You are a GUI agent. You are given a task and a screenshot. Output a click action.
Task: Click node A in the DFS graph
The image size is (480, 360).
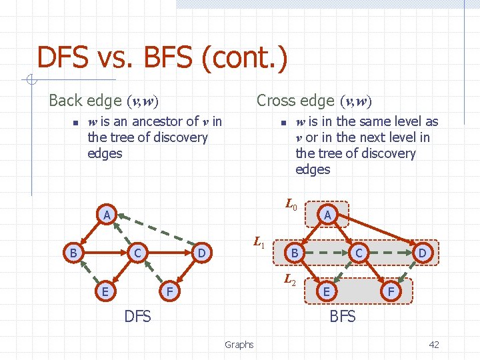pyautogui.click(x=107, y=215)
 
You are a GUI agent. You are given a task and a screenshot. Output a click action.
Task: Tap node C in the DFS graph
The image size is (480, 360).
pyautogui.click(x=137, y=253)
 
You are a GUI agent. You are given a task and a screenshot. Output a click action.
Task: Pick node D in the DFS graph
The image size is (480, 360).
pyautogui.click(x=201, y=253)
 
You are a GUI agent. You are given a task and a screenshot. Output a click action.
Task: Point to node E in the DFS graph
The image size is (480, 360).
pyautogui.click(x=105, y=291)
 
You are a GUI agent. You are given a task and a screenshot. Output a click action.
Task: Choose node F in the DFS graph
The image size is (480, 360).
pyautogui.click(x=169, y=291)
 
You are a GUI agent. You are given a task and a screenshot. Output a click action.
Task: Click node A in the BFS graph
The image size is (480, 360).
pyautogui.click(x=327, y=215)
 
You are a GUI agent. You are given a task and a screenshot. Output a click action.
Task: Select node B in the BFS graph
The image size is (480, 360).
pyautogui.click(x=294, y=253)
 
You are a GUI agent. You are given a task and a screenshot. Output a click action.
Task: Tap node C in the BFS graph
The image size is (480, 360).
pyautogui.click(x=359, y=253)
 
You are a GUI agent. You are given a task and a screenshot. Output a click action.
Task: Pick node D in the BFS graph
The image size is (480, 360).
pyautogui.click(x=422, y=253)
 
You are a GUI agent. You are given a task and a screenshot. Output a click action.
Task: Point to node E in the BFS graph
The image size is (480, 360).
pyautogui.click(x=326, y=291)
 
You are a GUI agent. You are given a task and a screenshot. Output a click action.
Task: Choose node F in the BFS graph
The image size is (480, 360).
pyautogui.click(x=391, y=291)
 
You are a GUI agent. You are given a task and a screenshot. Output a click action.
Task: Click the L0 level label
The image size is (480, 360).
pyautogui.click(x=291, y=205)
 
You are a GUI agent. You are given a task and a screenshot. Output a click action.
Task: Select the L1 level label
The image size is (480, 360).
pyautogui.click(x=259, y=243)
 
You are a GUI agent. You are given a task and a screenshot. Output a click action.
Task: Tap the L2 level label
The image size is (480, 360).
pyautogui.click(x=291, y=280)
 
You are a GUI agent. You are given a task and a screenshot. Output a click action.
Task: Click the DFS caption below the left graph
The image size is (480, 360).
pyautogui.click(x=138, y=316)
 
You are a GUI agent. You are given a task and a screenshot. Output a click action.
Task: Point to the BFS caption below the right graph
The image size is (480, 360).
pyautogui.click(x=343, y=316)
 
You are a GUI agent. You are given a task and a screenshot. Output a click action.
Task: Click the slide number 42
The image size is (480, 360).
pyautogui.click(x=433, y=345)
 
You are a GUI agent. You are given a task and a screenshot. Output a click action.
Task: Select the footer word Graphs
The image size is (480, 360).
pyautogui.click(x=239, y=345)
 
